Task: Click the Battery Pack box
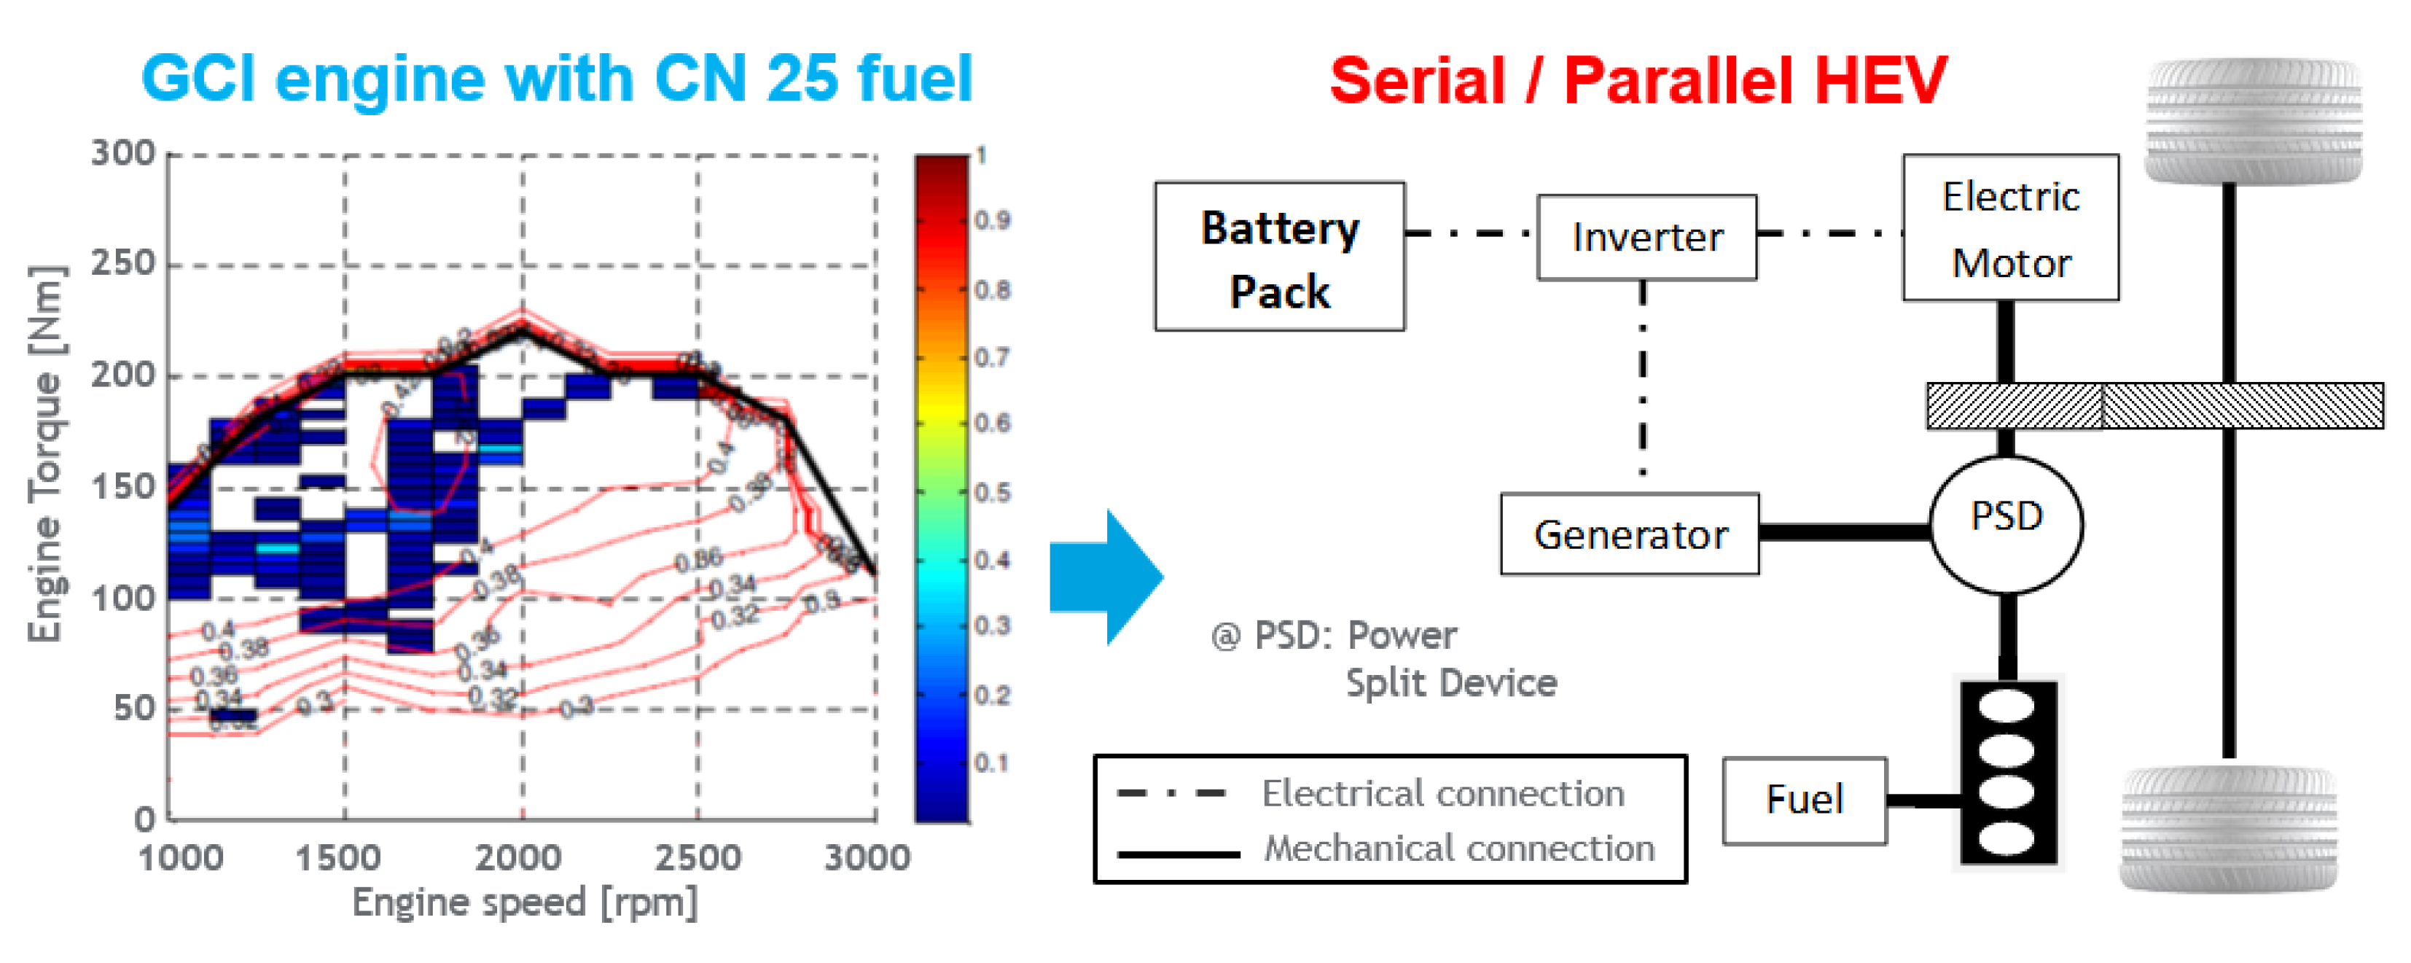[1278, 257]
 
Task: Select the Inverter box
[1646, 237]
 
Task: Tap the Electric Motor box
[2009, 227]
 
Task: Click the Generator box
[1630, 534]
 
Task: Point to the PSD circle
[2006, 524]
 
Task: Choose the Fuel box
[1804, 800]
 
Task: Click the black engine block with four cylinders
[2008, 772]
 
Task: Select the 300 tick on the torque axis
[122, 152]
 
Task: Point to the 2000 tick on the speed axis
[517, 857]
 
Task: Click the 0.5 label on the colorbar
[993, 492]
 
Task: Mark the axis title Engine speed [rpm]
[524, 903]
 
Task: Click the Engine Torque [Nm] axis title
[46, 455]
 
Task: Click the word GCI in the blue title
[198, 78]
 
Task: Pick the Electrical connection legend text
[1442, 794]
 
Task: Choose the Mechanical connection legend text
[1458, 849]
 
